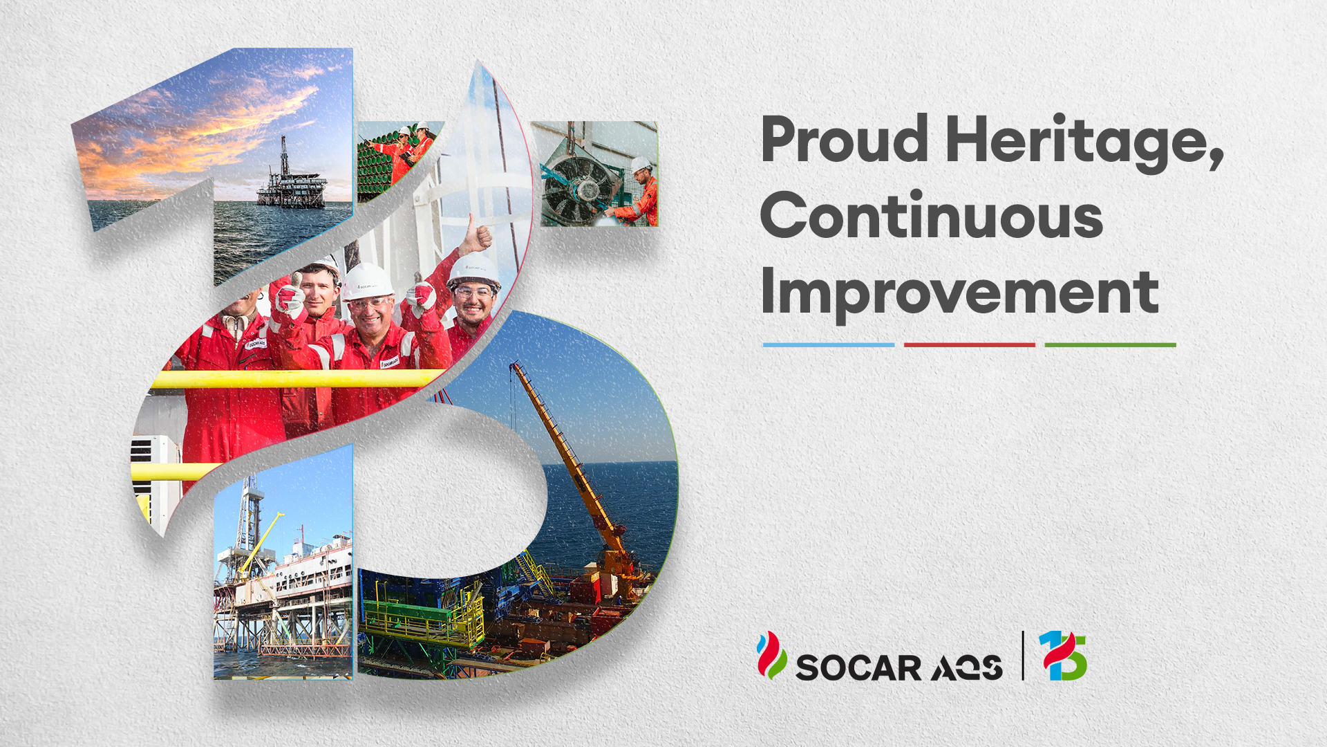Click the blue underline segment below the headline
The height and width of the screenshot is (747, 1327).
[x=829, y=344]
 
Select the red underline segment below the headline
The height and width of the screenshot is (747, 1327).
[x=970, y=344]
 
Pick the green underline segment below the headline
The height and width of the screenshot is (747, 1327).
[x=1111, y=344]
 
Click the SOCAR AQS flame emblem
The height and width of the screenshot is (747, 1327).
[x=771, y=655]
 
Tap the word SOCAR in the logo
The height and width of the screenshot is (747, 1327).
[x=858, y=668]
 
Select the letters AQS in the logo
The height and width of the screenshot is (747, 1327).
[x=967, y=668]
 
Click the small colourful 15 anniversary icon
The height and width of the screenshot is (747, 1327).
[x=1063, y=655]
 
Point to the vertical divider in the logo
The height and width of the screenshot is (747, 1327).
[x=1023, y=655]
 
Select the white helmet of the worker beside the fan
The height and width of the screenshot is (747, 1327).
[x=641, y=165]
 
